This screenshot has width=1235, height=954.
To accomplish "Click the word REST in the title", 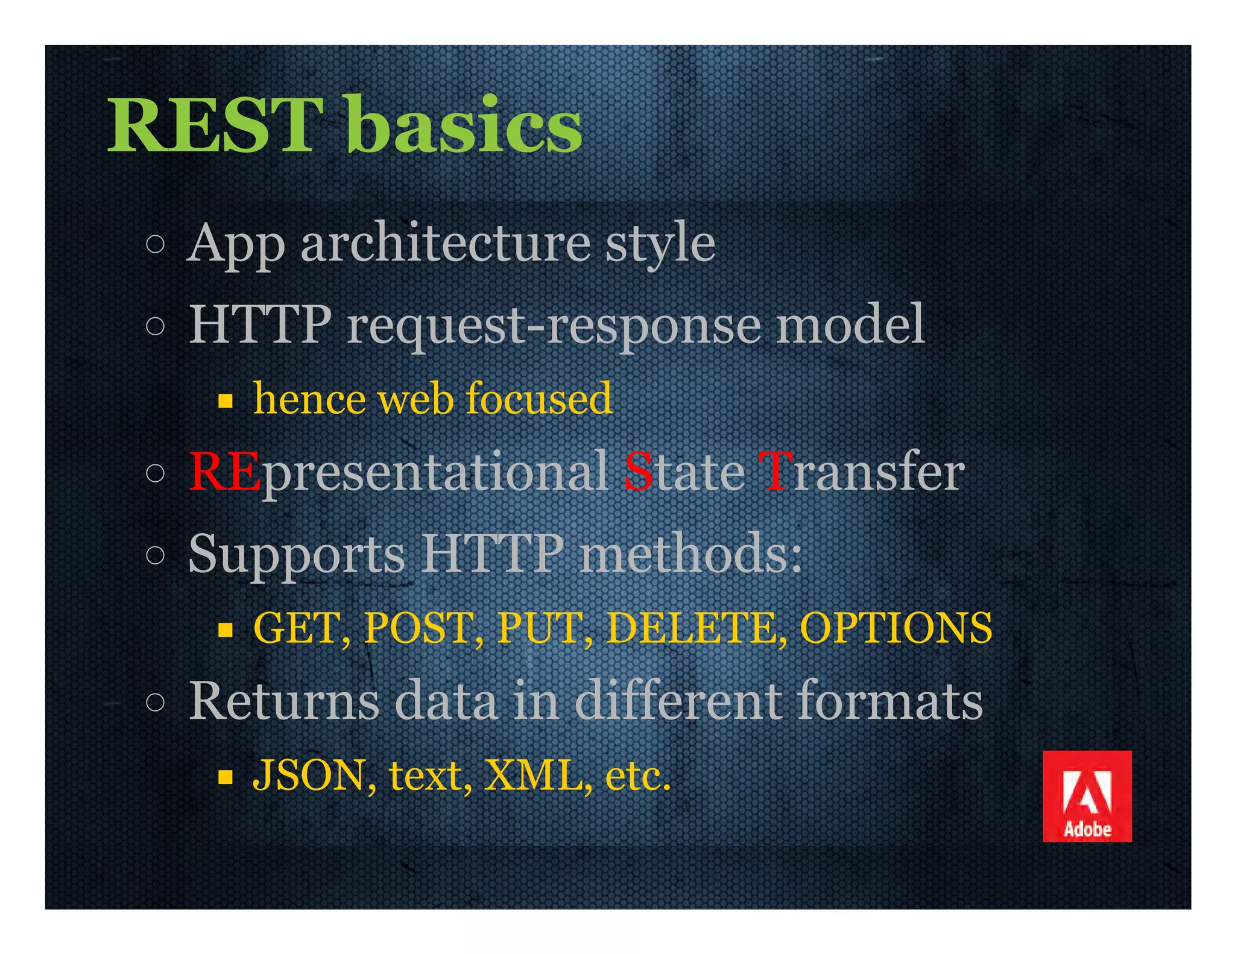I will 214,125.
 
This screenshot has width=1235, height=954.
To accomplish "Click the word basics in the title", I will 464,125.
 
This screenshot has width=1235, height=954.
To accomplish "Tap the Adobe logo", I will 1087,795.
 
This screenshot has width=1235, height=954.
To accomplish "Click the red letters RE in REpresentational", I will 224,472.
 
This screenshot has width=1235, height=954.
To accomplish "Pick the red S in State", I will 638,472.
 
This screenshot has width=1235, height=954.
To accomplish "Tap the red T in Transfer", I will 774,472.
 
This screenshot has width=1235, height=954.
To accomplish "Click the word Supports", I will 296,554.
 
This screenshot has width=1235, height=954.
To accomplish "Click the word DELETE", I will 693,628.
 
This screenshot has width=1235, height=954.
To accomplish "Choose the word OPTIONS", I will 895,628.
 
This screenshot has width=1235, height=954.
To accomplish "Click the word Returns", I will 284,701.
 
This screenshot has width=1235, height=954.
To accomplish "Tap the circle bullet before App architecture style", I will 155,244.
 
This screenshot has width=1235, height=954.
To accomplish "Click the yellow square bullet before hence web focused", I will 226,401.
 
